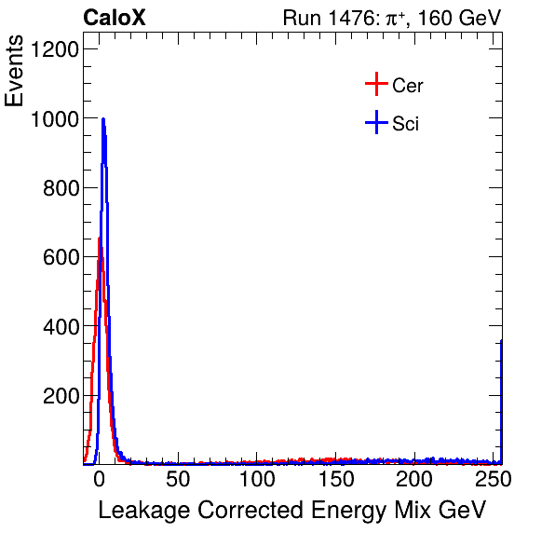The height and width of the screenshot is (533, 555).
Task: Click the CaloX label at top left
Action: tap(114, 18)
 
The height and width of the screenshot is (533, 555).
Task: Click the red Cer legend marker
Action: tap(375, 85)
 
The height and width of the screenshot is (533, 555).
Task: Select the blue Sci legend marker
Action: tap(375, 123)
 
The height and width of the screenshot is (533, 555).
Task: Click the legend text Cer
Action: tap(408, 86)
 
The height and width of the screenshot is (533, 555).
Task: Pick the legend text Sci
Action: tap(405, 124)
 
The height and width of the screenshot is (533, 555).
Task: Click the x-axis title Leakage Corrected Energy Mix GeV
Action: tap(291, 511)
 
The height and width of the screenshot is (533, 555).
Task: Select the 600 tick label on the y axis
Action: tap(60, 257)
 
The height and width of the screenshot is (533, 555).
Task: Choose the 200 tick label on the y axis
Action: tap(60, 396)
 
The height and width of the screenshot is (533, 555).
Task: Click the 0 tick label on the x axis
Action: tap(99, 480)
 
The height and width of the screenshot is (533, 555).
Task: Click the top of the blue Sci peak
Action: tap(103, 119)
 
